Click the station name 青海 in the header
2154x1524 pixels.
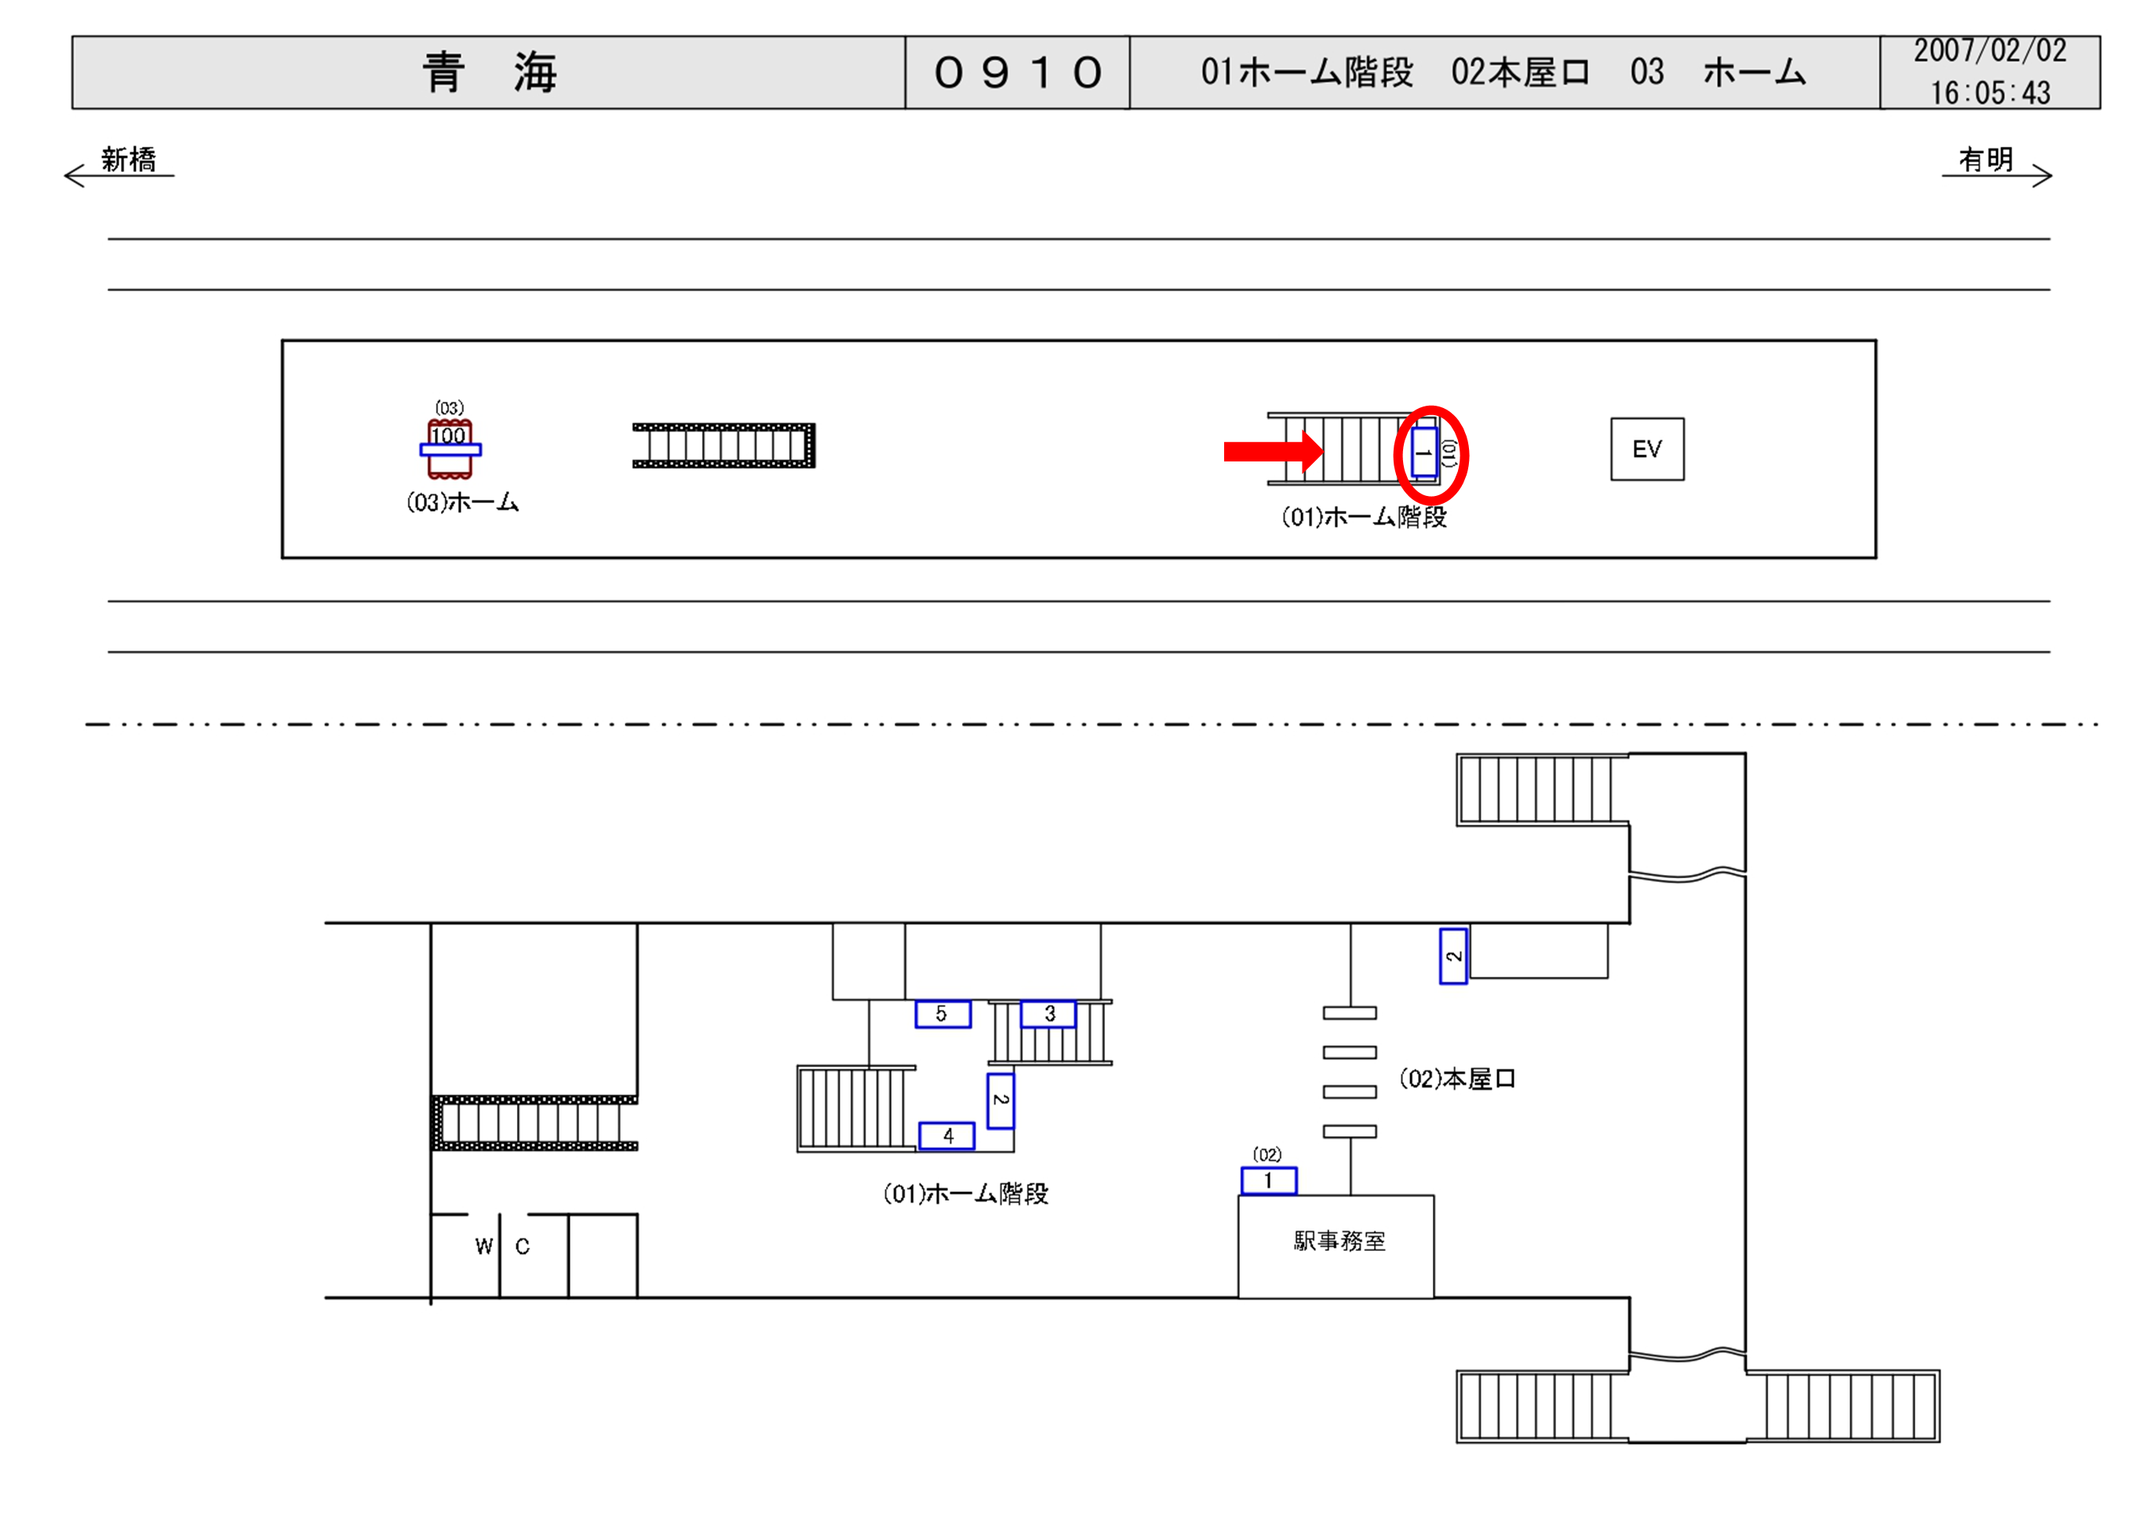click(489, 72)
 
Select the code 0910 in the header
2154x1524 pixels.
click(1017, 72)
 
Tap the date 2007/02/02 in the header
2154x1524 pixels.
click(1989, 51)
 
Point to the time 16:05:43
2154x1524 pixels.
click(1989, 93)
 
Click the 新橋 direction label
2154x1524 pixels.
click(129, 159)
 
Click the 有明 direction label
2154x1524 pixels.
click(1985, 159)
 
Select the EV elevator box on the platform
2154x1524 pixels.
click(1646, 450)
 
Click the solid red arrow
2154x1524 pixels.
click(1272, 452)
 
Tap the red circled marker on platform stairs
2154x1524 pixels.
click(1430, 454)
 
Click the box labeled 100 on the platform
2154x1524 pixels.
click(450, 436)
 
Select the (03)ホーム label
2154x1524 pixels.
click(462, 503)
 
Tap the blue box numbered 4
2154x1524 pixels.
click(946, 1136)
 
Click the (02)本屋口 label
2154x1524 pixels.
click(1457, 1079)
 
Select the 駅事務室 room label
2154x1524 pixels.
click(1339, 1241)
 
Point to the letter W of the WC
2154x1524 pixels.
click(483, 1246)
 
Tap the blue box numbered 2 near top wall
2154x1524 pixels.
click(1452, 957)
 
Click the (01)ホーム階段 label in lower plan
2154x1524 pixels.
click(965, 1194)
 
